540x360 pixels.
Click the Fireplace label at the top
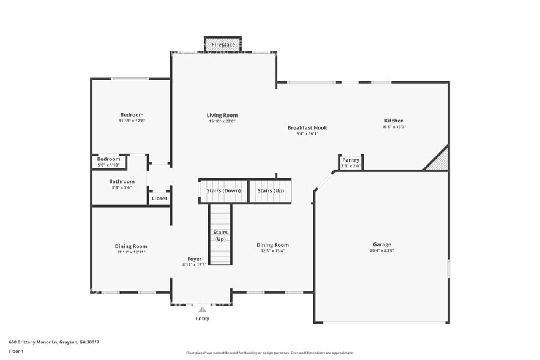point(223,45)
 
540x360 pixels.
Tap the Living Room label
point(222,115)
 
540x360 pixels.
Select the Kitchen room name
point(394,121)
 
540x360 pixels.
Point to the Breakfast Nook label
point(307,127)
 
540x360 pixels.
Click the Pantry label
point(351,160)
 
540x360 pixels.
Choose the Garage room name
point(382,244)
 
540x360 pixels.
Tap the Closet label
point(159,198)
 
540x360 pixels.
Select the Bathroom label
point(122,181)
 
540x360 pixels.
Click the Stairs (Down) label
point(223,190)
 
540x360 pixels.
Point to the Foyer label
point(195,259)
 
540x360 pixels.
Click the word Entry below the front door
point(202,318)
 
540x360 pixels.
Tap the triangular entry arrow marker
point(202,310)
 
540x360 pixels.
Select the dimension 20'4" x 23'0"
point(382,250)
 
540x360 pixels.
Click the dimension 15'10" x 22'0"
point(222,121)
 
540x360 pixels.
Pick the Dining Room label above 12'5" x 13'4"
point(272,244)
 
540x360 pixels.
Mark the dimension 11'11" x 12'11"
point(132,252)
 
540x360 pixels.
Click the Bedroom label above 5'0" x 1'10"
point(109,159)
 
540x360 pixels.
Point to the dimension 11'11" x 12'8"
point(132,121)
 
